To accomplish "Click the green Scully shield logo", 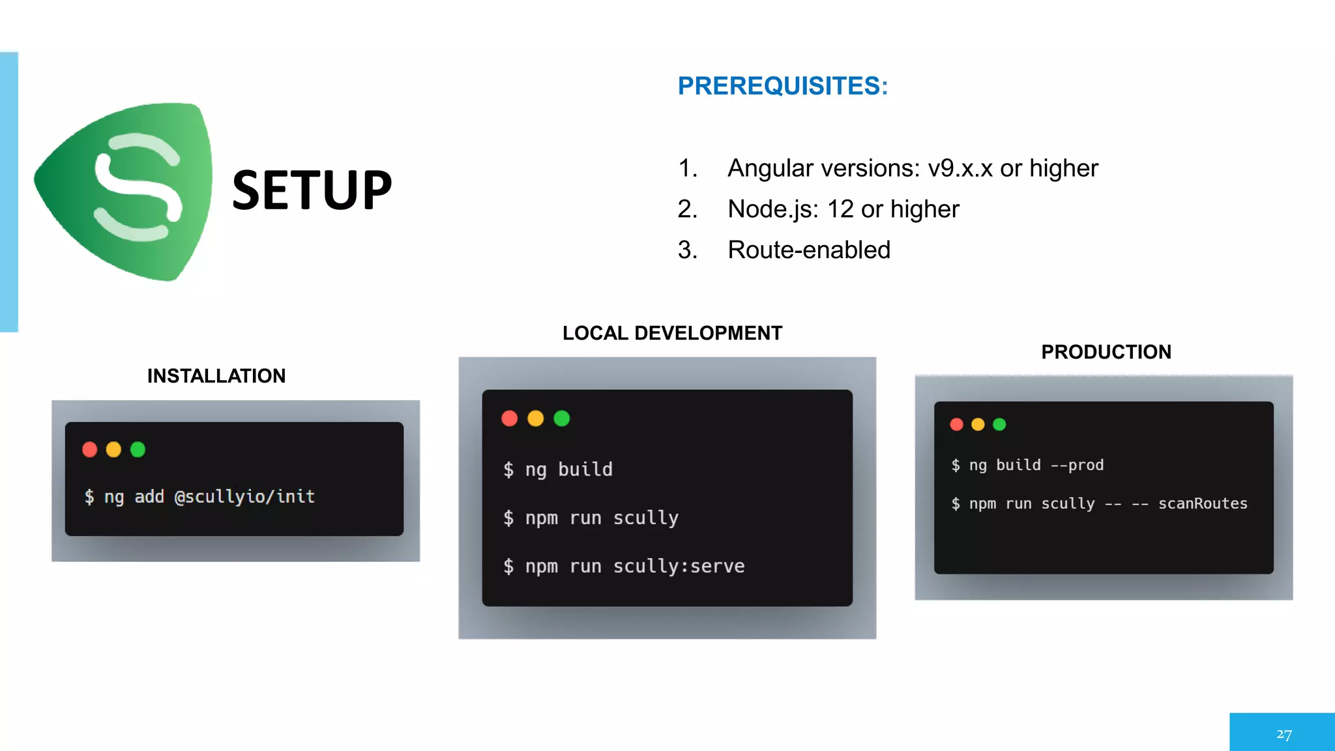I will [127, 189].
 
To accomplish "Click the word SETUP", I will [312, 190].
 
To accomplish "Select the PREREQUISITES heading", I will [782, 86].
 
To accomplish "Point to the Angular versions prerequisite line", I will [912, 168].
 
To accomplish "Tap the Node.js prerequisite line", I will [843, 209].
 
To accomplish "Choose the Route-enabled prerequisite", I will [808, 250].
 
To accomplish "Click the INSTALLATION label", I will [216, 376].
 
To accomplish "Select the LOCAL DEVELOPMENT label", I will [672, 333].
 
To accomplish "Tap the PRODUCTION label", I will [1106, 352].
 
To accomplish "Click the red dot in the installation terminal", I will [90, 450].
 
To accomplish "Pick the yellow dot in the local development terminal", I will [536, 419].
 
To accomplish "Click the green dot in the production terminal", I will [999, 424].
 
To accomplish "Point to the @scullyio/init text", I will [244, 497].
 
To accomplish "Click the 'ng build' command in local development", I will [568, 469].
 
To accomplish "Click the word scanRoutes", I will [1203, 503].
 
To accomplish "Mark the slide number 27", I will [1284, 735].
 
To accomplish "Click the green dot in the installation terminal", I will [138, 450].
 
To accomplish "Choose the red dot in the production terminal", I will [956, 424].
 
